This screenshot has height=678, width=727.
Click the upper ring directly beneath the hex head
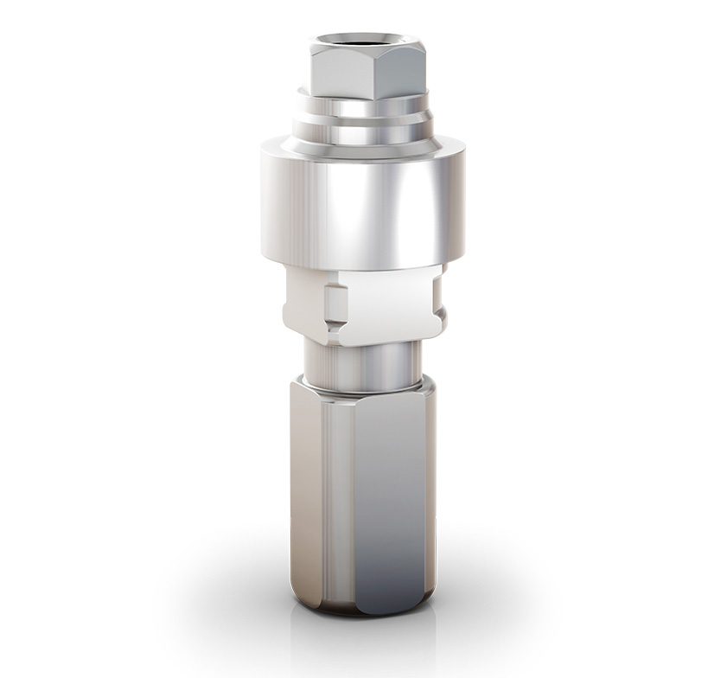[363, 106]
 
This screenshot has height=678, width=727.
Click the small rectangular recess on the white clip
[335, 303]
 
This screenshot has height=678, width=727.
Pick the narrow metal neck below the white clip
[363, 361]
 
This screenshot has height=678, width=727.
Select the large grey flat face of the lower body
[389, 493]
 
